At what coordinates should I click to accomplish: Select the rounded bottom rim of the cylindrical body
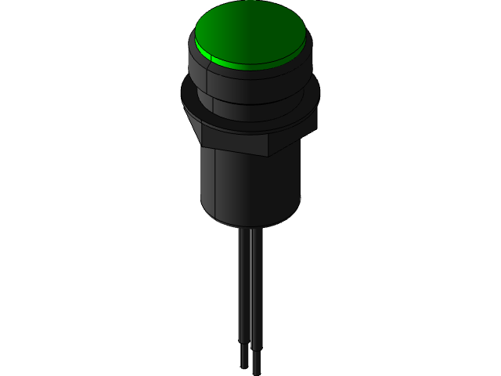250,223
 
